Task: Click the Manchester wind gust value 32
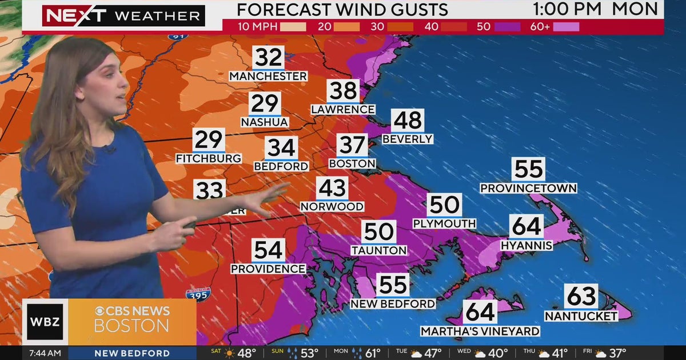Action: coord(268,58)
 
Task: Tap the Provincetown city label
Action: coord(528,188)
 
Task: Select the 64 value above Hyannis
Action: coord(526,226)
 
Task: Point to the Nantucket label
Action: coord(581,316)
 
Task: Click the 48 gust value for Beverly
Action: coord(408,121)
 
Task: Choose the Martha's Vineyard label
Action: coord(480,331)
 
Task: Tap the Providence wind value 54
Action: coord(268,250)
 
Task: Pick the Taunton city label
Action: coord(378,250)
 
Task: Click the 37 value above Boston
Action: coord(352,145)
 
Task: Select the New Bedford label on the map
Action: coord(393,304)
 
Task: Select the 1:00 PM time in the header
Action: coord(568,9)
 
